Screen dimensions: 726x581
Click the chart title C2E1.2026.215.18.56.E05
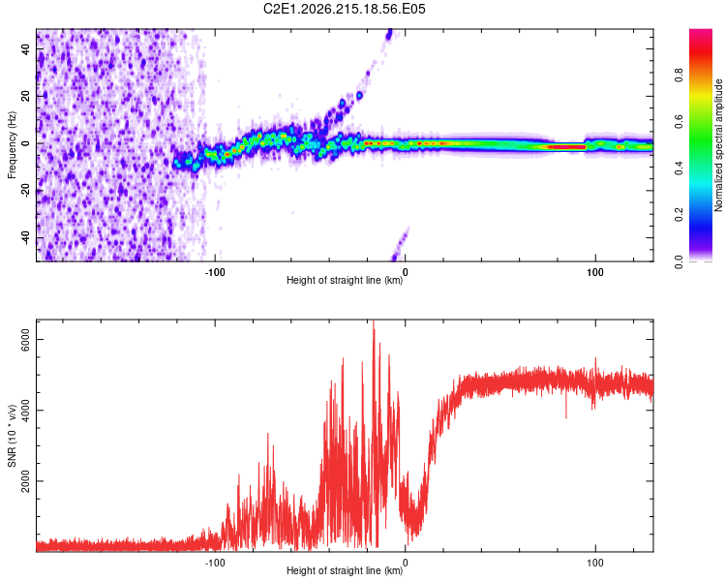(344, 9)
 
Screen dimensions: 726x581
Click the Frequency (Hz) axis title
(12, 145)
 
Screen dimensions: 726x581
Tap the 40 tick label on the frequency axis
(26, 48)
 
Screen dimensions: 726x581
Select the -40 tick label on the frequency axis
(26, 237)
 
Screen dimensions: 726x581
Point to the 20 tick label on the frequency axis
(26, 96)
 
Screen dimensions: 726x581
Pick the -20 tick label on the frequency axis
(26, 191)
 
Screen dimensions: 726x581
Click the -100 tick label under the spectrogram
(215, 272)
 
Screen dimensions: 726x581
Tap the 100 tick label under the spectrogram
(595, 272)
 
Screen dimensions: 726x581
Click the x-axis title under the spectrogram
(345, 280)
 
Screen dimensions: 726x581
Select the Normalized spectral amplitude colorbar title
(718, 145)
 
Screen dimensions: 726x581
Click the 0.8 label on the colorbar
(679, 76)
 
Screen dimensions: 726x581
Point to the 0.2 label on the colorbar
(679, 215)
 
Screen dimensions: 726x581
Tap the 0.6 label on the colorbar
(679, 122)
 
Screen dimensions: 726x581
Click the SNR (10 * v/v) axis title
(12, 436)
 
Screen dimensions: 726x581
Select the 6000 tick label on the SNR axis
(26, 339)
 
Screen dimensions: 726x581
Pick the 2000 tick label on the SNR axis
(26, 481)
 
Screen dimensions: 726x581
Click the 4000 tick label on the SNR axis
(26, 410)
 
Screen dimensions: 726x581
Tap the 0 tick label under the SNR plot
(406, 563)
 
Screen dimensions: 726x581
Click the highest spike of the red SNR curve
(374, 322)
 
